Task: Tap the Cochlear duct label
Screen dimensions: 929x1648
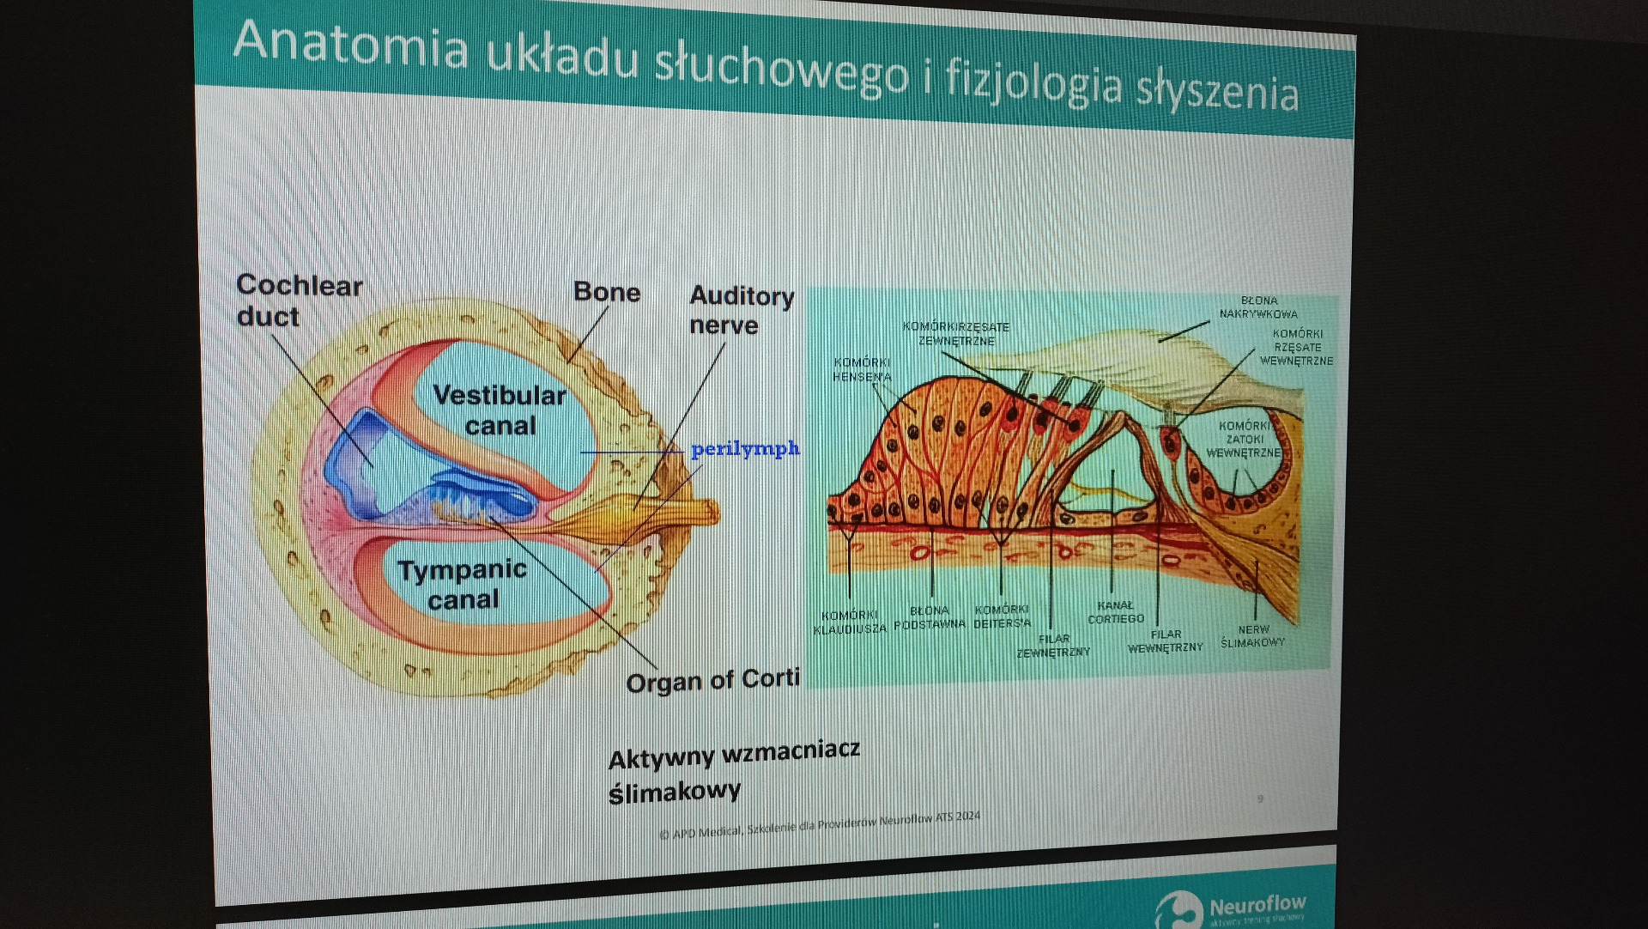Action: [x=298, y=301]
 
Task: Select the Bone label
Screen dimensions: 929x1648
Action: [x=607, y=292]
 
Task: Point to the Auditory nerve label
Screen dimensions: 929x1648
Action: [x=741, y=310]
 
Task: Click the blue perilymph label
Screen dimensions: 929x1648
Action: [x=745, y=448]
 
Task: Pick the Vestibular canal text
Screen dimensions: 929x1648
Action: [x=500, y=410]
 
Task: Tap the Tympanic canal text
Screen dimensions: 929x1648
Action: [x=463, y=584]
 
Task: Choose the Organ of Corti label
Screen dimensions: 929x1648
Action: [x=712, y=681]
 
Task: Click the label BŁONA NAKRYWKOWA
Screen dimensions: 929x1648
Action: [x=1258, y=307]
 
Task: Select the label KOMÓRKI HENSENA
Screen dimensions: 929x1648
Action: [x=862, y=369]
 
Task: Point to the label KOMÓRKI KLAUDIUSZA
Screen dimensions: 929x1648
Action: [x=850, y=622]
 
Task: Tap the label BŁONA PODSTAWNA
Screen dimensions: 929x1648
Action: [x=930, y=617]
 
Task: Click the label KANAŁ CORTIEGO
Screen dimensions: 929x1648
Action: [x=1116, y=611]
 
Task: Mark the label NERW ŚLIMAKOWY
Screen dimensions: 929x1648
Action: [x=1253, y=635]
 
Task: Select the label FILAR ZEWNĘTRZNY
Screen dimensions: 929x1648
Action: [x=1053, y=646]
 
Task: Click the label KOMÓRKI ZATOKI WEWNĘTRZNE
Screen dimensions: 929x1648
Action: [x=1244, y=439]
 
